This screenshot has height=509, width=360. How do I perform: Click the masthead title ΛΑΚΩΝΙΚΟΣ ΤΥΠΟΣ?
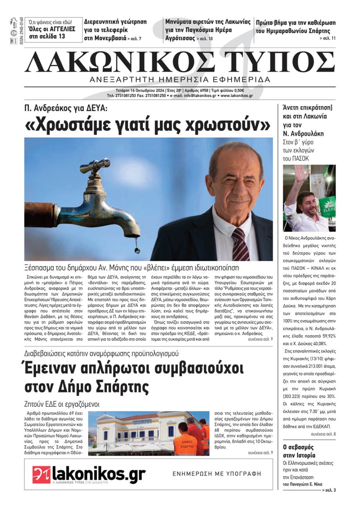(180, 62)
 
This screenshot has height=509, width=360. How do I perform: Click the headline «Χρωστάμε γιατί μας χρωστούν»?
(148, 125)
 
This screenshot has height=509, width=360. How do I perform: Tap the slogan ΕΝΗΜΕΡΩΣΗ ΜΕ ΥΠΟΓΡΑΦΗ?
(217, 474)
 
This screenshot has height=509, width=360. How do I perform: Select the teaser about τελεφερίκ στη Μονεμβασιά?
(115, 30)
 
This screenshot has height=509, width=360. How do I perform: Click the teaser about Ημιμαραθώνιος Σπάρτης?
(295, 27)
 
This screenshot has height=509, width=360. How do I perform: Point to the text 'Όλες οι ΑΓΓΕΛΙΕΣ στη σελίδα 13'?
(51, 32)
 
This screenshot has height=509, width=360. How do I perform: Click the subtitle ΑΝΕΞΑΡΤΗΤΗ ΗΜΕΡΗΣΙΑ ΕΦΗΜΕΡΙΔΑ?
(180, 79)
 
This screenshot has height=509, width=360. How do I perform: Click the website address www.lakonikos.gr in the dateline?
(237, 96)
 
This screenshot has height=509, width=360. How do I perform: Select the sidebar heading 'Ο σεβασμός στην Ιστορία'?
(298, 451)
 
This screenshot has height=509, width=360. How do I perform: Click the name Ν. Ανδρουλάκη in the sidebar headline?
(303, 133)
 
